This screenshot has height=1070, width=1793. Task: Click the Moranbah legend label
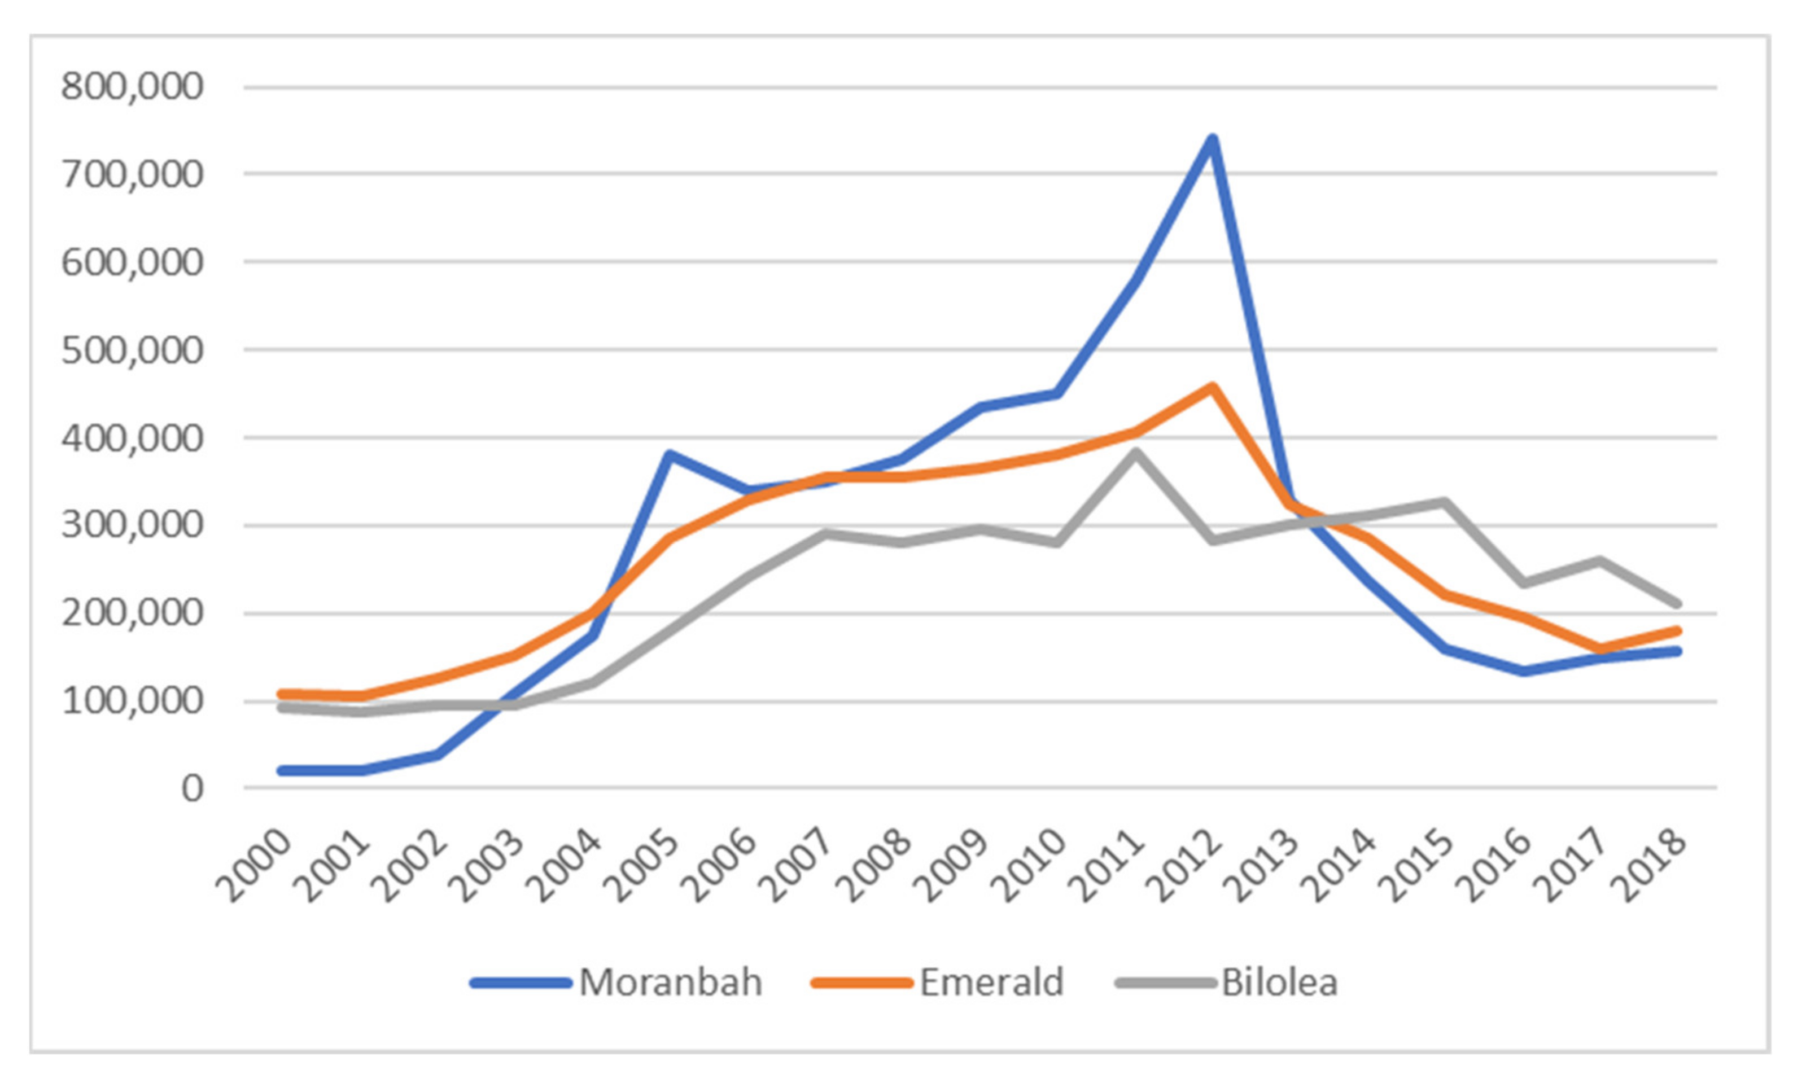click(670, 983)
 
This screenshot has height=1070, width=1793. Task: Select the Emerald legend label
click(992, 983)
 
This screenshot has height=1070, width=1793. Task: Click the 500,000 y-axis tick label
click(133, 350)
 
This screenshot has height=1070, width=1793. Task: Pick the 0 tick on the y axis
click(192, 789)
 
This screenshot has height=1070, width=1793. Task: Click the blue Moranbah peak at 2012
click(1213, 138)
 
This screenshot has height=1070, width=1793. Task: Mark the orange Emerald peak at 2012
click(1213, 388)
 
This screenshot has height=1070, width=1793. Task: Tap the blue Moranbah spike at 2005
click(670, 454)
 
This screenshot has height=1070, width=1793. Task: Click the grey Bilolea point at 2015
click(1445, 502)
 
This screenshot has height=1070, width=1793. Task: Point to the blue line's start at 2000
click(283, 771)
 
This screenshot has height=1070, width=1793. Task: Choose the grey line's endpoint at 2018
click(1678, 603)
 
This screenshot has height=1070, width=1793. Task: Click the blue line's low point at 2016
click(1522, 671)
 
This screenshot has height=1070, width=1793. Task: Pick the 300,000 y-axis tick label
click(133, 525)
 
